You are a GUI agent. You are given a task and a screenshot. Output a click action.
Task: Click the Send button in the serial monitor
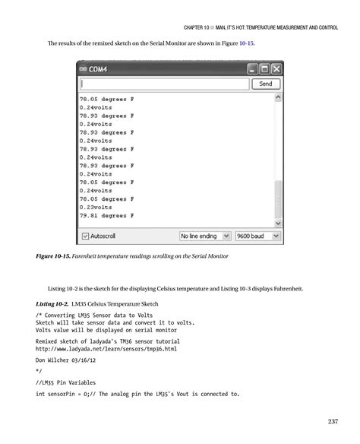(265, 84)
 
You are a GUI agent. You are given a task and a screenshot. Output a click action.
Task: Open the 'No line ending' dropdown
(204, 235)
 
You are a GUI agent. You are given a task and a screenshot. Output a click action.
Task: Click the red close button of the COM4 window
(276, 68)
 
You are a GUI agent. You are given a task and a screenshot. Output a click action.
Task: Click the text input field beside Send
(163, 84)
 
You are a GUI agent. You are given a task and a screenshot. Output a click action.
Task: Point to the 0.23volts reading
(96, 207)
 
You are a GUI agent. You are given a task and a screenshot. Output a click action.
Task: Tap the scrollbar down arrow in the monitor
(277, 224)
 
